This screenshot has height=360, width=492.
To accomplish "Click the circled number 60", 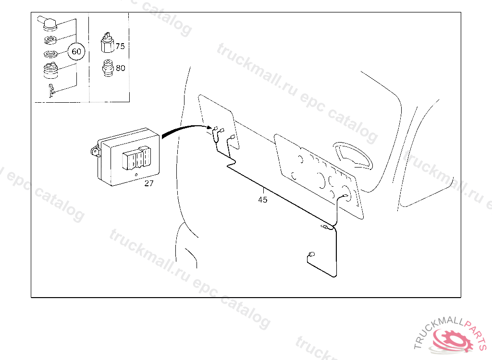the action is (76, 51).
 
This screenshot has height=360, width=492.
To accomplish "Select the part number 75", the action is (120, 47).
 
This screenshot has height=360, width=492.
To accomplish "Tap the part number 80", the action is (120, 68).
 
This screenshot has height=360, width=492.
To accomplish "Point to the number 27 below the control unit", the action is (149, 183).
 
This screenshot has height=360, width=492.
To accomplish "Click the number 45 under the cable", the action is (262, 200).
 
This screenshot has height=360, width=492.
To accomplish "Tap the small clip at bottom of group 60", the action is (52, 90).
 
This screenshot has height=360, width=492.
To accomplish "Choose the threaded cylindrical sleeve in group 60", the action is (50, 71).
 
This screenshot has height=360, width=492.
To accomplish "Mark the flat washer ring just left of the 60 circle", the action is (51, 54).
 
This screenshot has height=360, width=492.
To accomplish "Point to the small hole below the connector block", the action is (136, 174).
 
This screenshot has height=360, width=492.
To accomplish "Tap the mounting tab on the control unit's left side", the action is (95, 152).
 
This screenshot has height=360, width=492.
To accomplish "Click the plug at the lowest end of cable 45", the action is (311, 254).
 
